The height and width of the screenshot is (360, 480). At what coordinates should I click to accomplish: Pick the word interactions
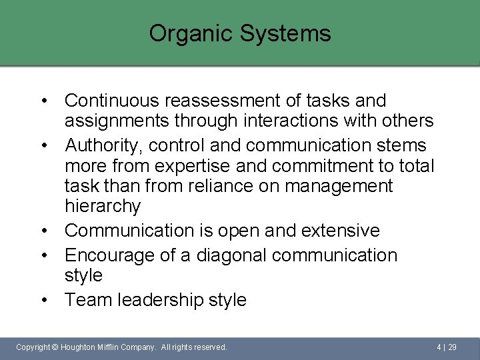[286, 121]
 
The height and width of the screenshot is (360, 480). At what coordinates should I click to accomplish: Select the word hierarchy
[103, 206]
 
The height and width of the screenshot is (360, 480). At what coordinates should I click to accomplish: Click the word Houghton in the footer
[80, 347]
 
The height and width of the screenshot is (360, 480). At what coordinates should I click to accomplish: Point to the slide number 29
[452, 347]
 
